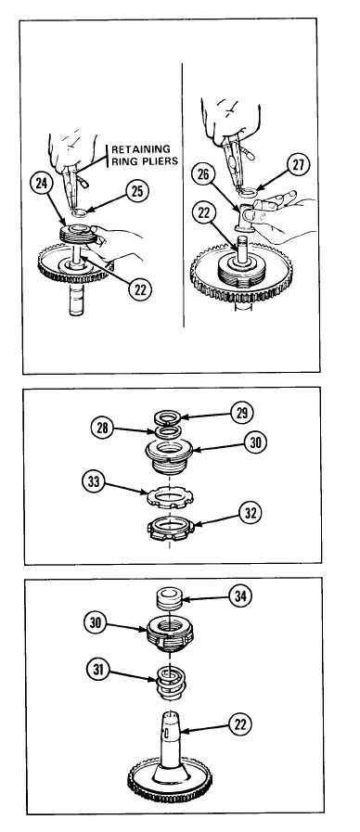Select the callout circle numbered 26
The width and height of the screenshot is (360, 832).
pos(203,174)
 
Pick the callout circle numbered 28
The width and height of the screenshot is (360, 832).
pos(102,428)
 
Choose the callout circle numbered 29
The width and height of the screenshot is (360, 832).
pos(241,413)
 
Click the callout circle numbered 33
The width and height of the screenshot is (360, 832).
pos(94,482)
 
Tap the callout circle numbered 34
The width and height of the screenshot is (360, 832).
pos(240,595)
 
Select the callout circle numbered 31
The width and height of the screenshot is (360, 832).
pos(98,671)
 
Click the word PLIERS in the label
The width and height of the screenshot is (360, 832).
pos(160,160)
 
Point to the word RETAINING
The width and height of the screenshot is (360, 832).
pos(141,149)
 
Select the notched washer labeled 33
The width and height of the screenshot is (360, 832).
pos(170,497)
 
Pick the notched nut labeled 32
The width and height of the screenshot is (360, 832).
pos(171,529)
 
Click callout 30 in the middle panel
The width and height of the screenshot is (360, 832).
pos(255,442)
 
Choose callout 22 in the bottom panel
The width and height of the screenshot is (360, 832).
pos(240,723)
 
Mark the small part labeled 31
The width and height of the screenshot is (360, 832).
pos(170,682)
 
